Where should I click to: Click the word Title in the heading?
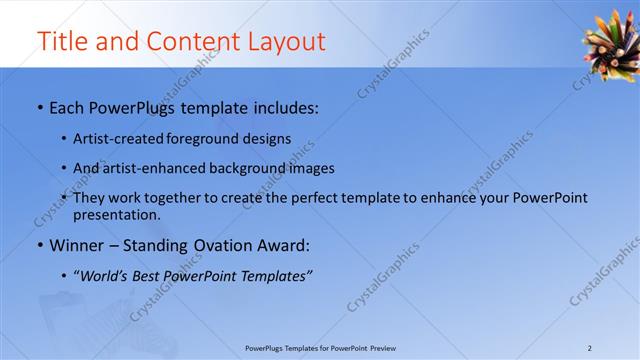click(x=61, y=42)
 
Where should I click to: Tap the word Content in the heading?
click(x=192, y=42)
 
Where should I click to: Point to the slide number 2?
click(x=590, y=348)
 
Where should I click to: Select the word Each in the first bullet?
click(x=67, y=106)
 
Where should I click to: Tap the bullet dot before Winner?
click(x=38, y=245)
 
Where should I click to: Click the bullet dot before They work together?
click(x=64, y=198)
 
